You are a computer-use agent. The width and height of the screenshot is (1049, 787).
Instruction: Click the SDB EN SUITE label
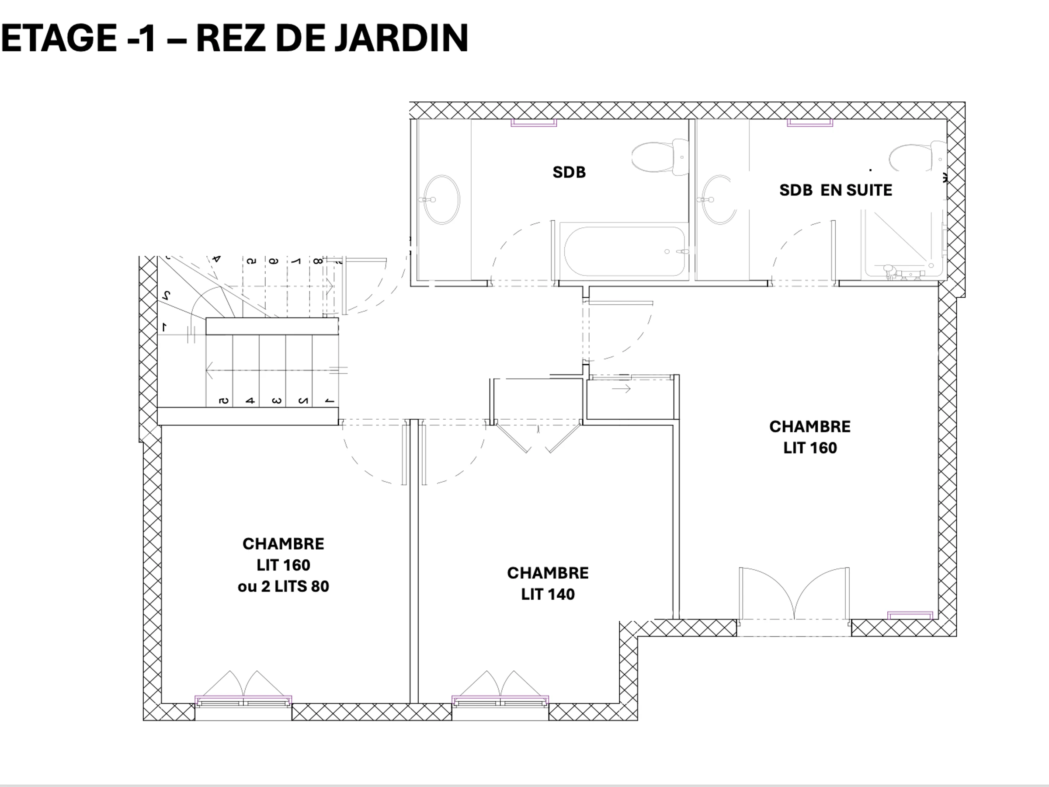pyautogui.click(x=836, y=190)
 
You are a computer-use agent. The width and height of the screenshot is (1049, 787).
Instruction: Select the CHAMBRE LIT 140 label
pyautogui.click(x=548, y=584)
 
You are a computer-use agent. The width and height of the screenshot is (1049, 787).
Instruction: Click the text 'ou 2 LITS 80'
pyautogui.click(x=283, y=586)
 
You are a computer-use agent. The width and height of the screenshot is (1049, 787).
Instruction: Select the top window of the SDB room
pyautogui.click(x=534, y=123)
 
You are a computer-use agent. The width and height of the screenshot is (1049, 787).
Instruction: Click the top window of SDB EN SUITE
pyautogui.click(x=810, y=123)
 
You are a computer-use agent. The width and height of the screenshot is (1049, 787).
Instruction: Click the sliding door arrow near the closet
pyautogui.click(x=621, y=389)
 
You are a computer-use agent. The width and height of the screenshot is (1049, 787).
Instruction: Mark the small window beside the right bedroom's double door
pyautogui.click(x=910, y=616)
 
